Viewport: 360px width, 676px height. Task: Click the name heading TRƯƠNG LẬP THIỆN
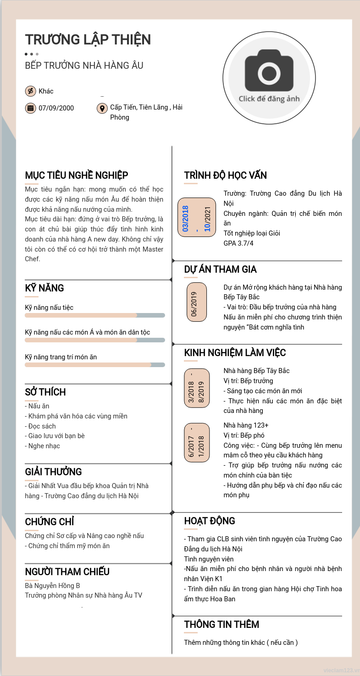(88, 40)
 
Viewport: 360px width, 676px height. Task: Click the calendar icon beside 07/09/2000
(30, 108)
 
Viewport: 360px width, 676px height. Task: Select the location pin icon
(102, 108)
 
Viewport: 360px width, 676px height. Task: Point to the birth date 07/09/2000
(56, 108)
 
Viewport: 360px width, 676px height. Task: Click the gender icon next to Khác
(30, 91)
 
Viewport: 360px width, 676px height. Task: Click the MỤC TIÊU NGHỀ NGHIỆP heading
(77, 176)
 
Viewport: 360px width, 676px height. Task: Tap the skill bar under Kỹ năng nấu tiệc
(94, 315)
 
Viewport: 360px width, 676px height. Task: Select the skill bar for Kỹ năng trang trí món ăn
(94, 365)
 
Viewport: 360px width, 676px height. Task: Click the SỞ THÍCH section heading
(45, 392)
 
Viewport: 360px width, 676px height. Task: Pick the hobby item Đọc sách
(42, 426)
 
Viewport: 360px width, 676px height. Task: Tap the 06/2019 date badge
(197, 302)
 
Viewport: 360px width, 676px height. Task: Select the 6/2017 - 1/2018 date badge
(197, 443)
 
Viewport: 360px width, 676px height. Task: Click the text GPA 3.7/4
(238, 243)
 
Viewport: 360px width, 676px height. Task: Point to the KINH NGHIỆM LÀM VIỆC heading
(235, 353)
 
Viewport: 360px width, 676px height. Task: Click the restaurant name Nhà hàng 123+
(246, 425)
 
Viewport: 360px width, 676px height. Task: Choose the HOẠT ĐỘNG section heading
(210, 521)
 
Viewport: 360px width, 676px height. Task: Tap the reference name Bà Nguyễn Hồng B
(52, 586)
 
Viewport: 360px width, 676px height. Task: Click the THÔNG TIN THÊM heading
(222, 625)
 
